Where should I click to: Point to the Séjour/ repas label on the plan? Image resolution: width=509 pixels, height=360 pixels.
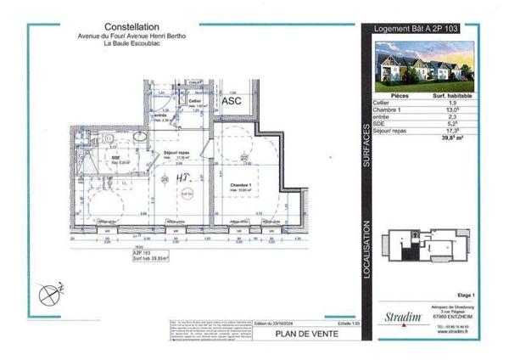177,153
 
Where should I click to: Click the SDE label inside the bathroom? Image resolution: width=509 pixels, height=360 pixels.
115,158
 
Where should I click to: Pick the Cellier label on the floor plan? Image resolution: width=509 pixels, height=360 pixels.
194,101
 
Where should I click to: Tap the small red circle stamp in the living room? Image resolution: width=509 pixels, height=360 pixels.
187,194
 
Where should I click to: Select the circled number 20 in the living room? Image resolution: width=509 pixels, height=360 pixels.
164,180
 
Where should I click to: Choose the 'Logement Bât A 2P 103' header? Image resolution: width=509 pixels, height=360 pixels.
418,29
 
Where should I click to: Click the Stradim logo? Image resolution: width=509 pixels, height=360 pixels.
402,318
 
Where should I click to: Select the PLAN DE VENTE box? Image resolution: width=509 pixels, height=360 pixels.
306,334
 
